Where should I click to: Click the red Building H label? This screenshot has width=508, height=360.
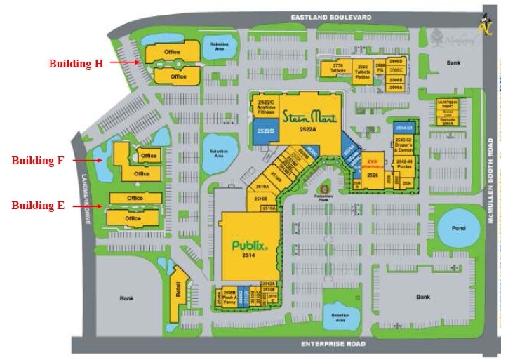coord(76,63)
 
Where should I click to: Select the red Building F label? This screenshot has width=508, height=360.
coord(37,160)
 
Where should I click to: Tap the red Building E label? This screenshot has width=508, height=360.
coord(38,206)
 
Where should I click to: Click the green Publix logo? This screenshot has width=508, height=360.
coord(250,246)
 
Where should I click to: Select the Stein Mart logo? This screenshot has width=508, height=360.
coord(312,116)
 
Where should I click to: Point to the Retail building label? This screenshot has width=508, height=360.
coord(178,288)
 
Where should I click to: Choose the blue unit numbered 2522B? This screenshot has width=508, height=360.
coord(265,131)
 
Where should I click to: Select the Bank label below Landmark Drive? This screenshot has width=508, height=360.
coord(126,298)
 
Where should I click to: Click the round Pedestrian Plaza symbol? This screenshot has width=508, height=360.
coord(323,190)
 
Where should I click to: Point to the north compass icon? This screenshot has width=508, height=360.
coord(484,25)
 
